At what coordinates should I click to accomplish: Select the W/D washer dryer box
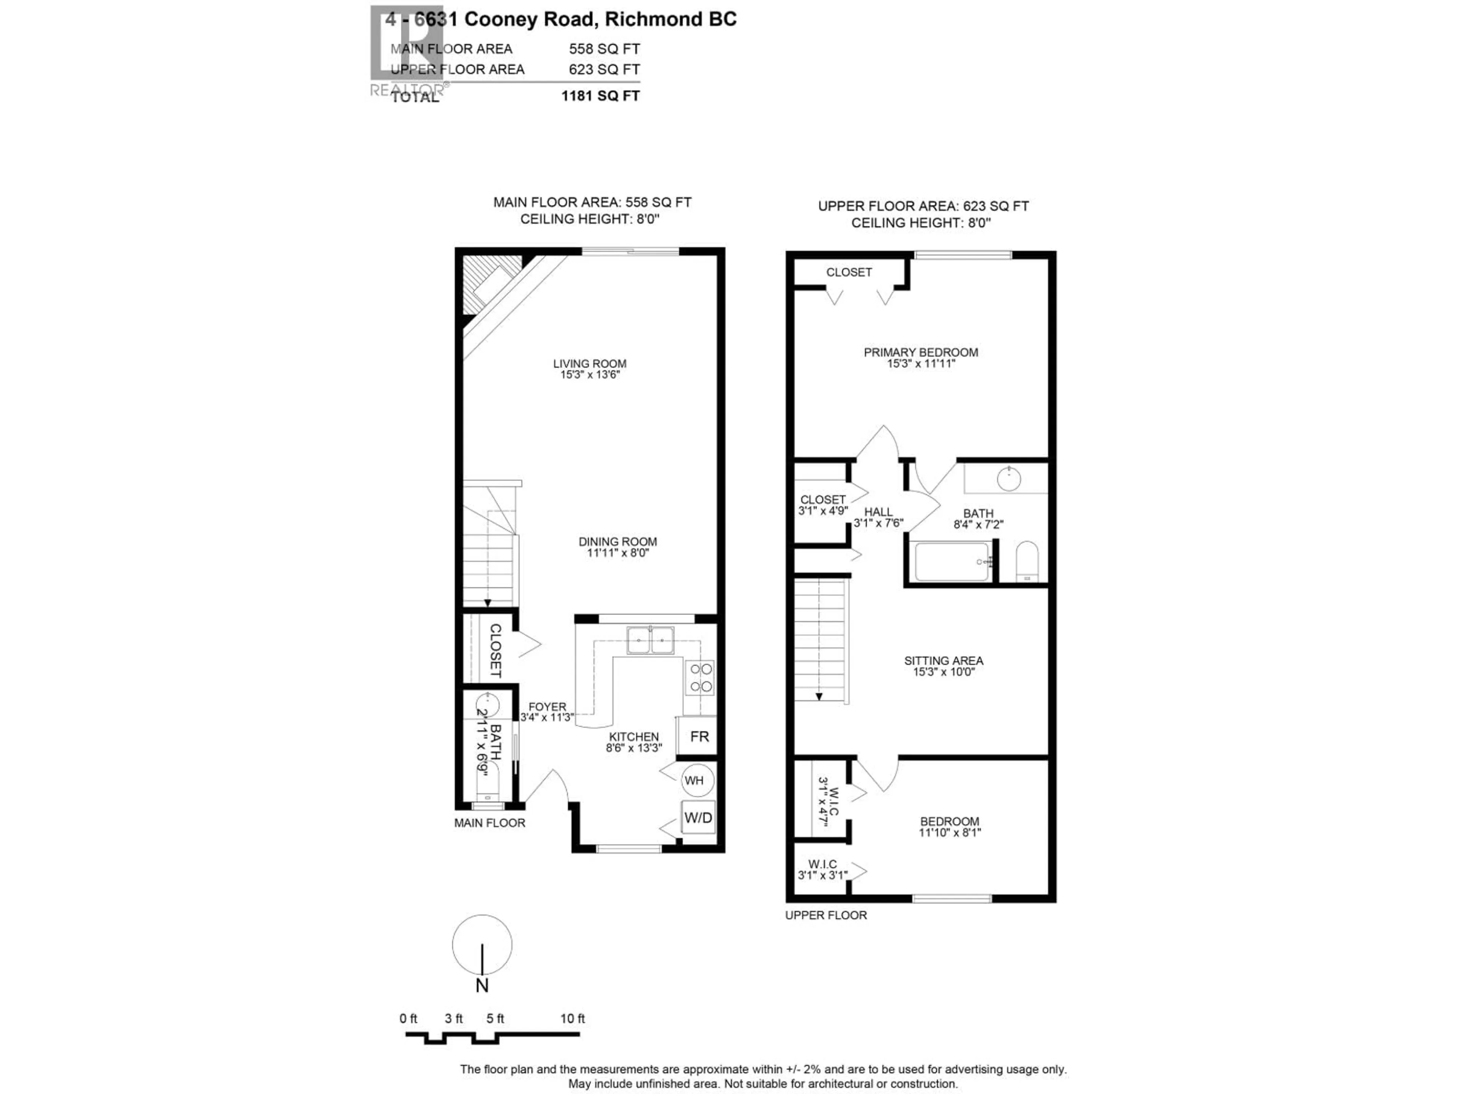click(x=698, y=818)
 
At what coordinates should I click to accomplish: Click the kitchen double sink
click(x=650, y=640)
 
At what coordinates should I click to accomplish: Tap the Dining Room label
click(x=618, y=541)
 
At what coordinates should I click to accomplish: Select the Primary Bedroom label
click(x=921, y=352)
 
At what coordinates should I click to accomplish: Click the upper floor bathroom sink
click(x=1008, y=478)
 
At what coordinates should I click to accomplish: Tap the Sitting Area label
click(x=943, y=660)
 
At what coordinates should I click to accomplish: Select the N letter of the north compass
click(x=482, y=985)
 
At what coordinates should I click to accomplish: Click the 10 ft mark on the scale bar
click(x=572, y=1018)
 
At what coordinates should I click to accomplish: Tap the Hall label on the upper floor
click(x=878, y=512)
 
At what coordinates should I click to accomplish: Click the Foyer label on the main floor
click(x=547, y=706)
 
